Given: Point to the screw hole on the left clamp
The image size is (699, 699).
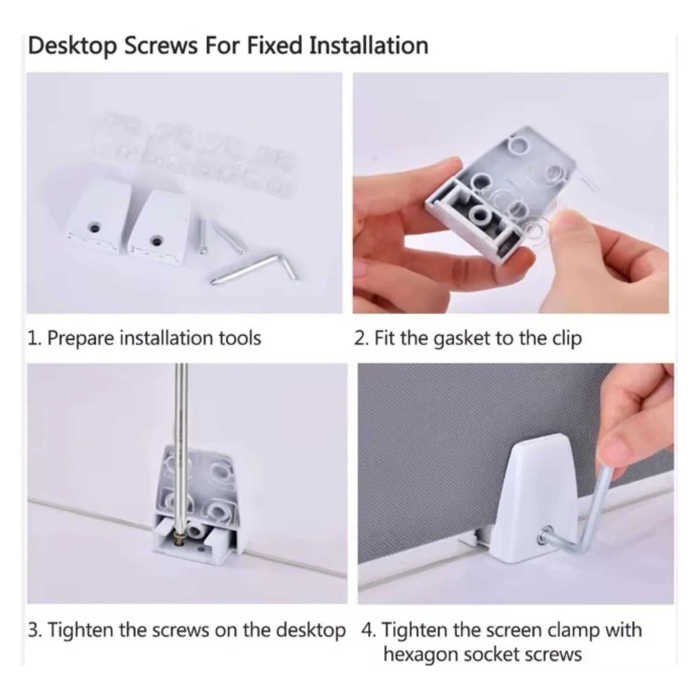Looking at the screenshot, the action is point(95,228).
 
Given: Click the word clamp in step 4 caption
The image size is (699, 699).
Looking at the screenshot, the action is point(573,630).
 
